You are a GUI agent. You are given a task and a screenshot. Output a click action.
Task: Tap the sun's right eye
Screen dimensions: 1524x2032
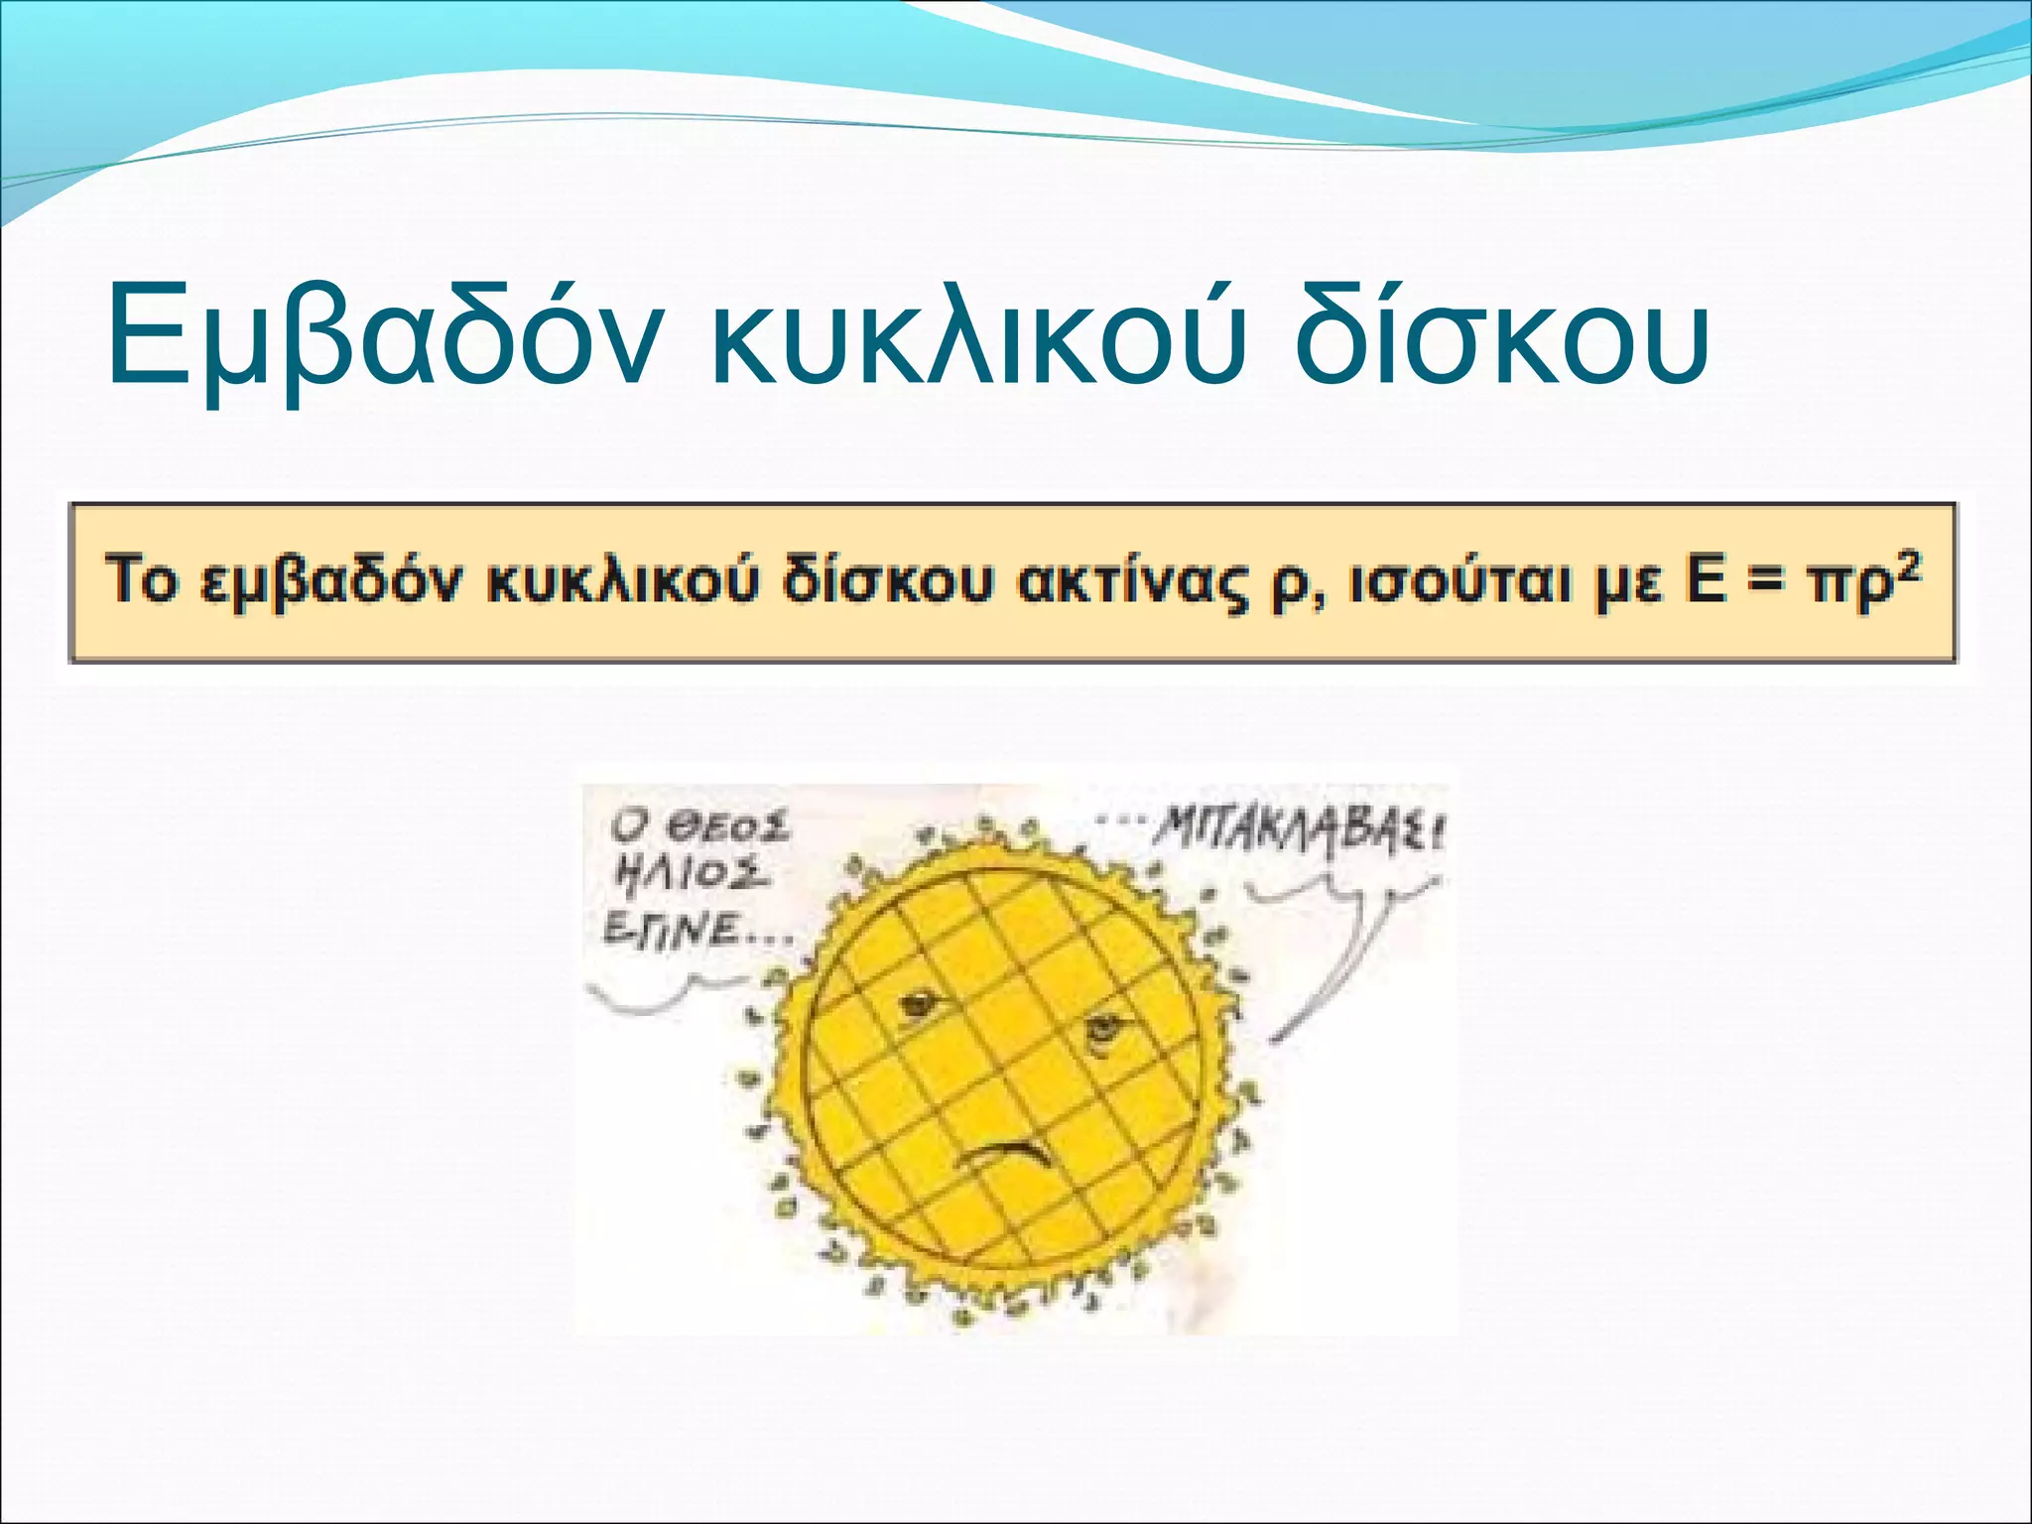pyautogui.click(x=1101, y=1032)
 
